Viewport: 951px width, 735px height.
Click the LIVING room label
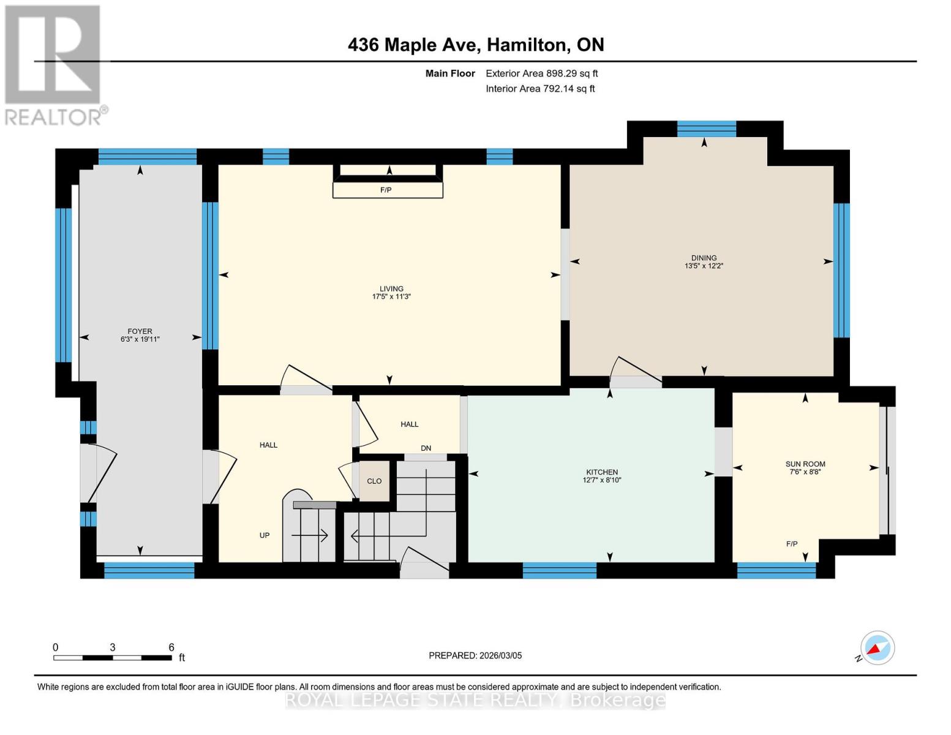pyautogui.click(x=391, y=288)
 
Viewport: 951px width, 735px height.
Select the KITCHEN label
pyautogui.click(x=602, y=472)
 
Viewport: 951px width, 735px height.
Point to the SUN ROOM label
pyautogui.click(x=805, y=464)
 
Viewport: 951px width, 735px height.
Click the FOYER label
pyautogui.click(x=140, y=331)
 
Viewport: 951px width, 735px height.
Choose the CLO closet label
pyautogui.click(x=374, y=481)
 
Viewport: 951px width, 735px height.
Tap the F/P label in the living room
pyautogui.click(x=386, y=190)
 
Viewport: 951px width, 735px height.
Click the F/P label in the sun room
pyautogui.click(x=792, y=544)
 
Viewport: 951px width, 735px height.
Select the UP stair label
pyautogui.click(x=265, y=535)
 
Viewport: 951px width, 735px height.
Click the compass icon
pyautogui.click(x=877, y=648)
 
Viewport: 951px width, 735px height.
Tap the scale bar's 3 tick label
pyautogui.click(x=113, y=647)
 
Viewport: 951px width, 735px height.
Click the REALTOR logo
pyautogui.click(x=54, y=64)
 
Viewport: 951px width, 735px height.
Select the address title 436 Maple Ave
pyautogui.click(x=476, y=45)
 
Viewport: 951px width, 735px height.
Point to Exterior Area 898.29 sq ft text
pyautogui.click(x=541, y=73)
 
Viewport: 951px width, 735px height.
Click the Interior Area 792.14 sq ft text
pyautogui.click(x=540, y=89)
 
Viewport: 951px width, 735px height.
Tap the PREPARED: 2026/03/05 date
pyautogui.click(x=475, y=655)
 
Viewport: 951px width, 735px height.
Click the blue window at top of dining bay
pyautogui.click(x=706, y=129)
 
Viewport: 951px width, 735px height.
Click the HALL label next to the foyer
pyautogui.click(x=268, y=445)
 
